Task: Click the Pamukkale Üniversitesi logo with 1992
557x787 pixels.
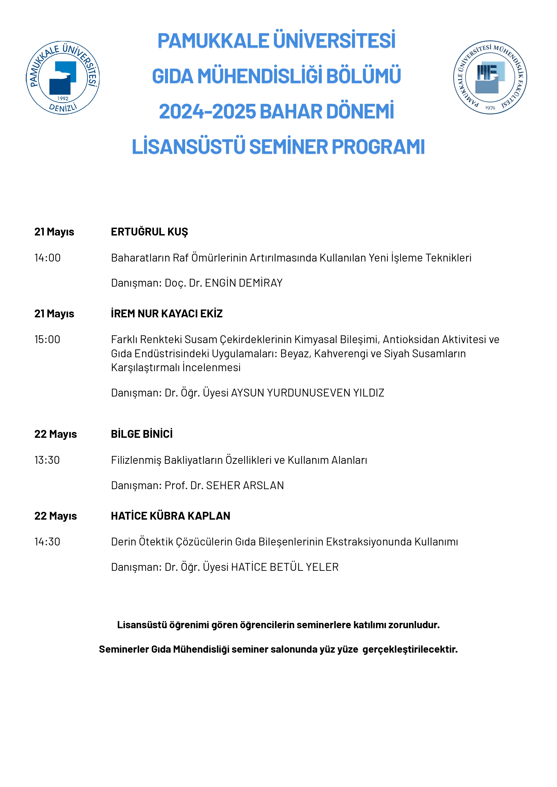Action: pos(63,78)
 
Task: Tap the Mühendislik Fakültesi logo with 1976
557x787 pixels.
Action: pos(490,77)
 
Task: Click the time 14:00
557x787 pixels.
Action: pos(47,258)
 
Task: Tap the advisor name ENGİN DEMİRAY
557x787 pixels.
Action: pos(243,283)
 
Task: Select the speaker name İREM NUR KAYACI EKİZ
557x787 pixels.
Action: pos(167,313)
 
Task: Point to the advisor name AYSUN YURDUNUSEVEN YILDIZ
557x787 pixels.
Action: pos(308,392)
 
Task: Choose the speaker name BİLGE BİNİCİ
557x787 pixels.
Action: pos(142,434)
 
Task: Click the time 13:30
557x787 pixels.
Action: pos(47,460)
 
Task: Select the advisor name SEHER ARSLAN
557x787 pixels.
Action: pos(245,485)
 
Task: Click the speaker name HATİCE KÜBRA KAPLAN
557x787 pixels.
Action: pos(171,516)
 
